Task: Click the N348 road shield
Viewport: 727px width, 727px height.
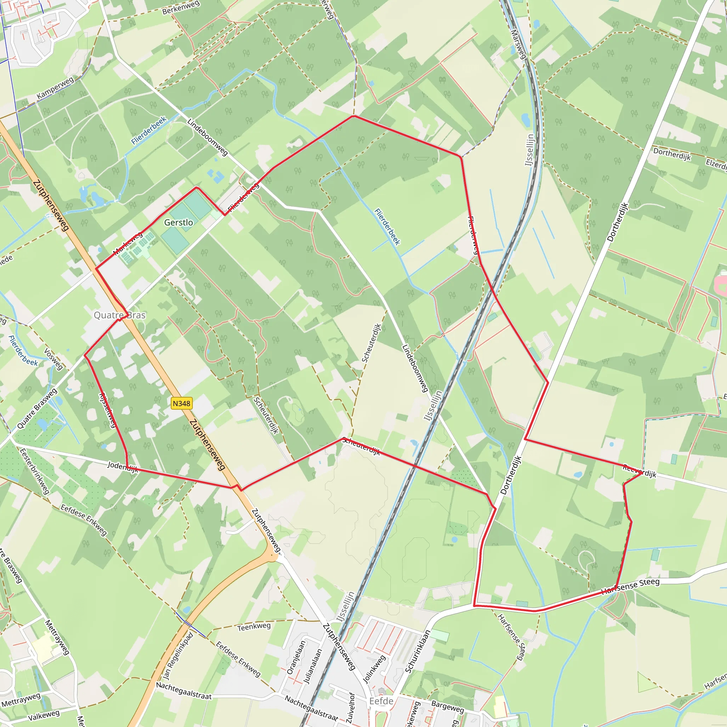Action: click(181, 403)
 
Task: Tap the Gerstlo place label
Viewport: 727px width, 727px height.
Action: click(179, 222)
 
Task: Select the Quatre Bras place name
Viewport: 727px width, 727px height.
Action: click(119, 315)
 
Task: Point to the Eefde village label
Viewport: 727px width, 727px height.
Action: click(381, 701)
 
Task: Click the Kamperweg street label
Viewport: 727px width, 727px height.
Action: click(55, 88)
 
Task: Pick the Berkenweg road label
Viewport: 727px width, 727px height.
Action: click(181, 8)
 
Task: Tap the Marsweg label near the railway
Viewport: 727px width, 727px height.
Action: click(518, 44)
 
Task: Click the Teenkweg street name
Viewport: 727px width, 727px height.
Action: click(254, 627)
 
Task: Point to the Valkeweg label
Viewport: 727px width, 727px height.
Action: click(44, 715)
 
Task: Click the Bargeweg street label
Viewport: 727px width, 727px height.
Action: click(447, 707)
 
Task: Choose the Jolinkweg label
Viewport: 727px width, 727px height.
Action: click(374, 669)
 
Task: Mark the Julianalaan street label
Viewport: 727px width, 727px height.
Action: click(313, 666)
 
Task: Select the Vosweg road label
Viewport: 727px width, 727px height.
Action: click(54, 359)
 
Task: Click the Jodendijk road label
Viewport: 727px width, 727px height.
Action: click(123, 466)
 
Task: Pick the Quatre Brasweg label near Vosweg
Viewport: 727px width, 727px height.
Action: click(37, 409)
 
